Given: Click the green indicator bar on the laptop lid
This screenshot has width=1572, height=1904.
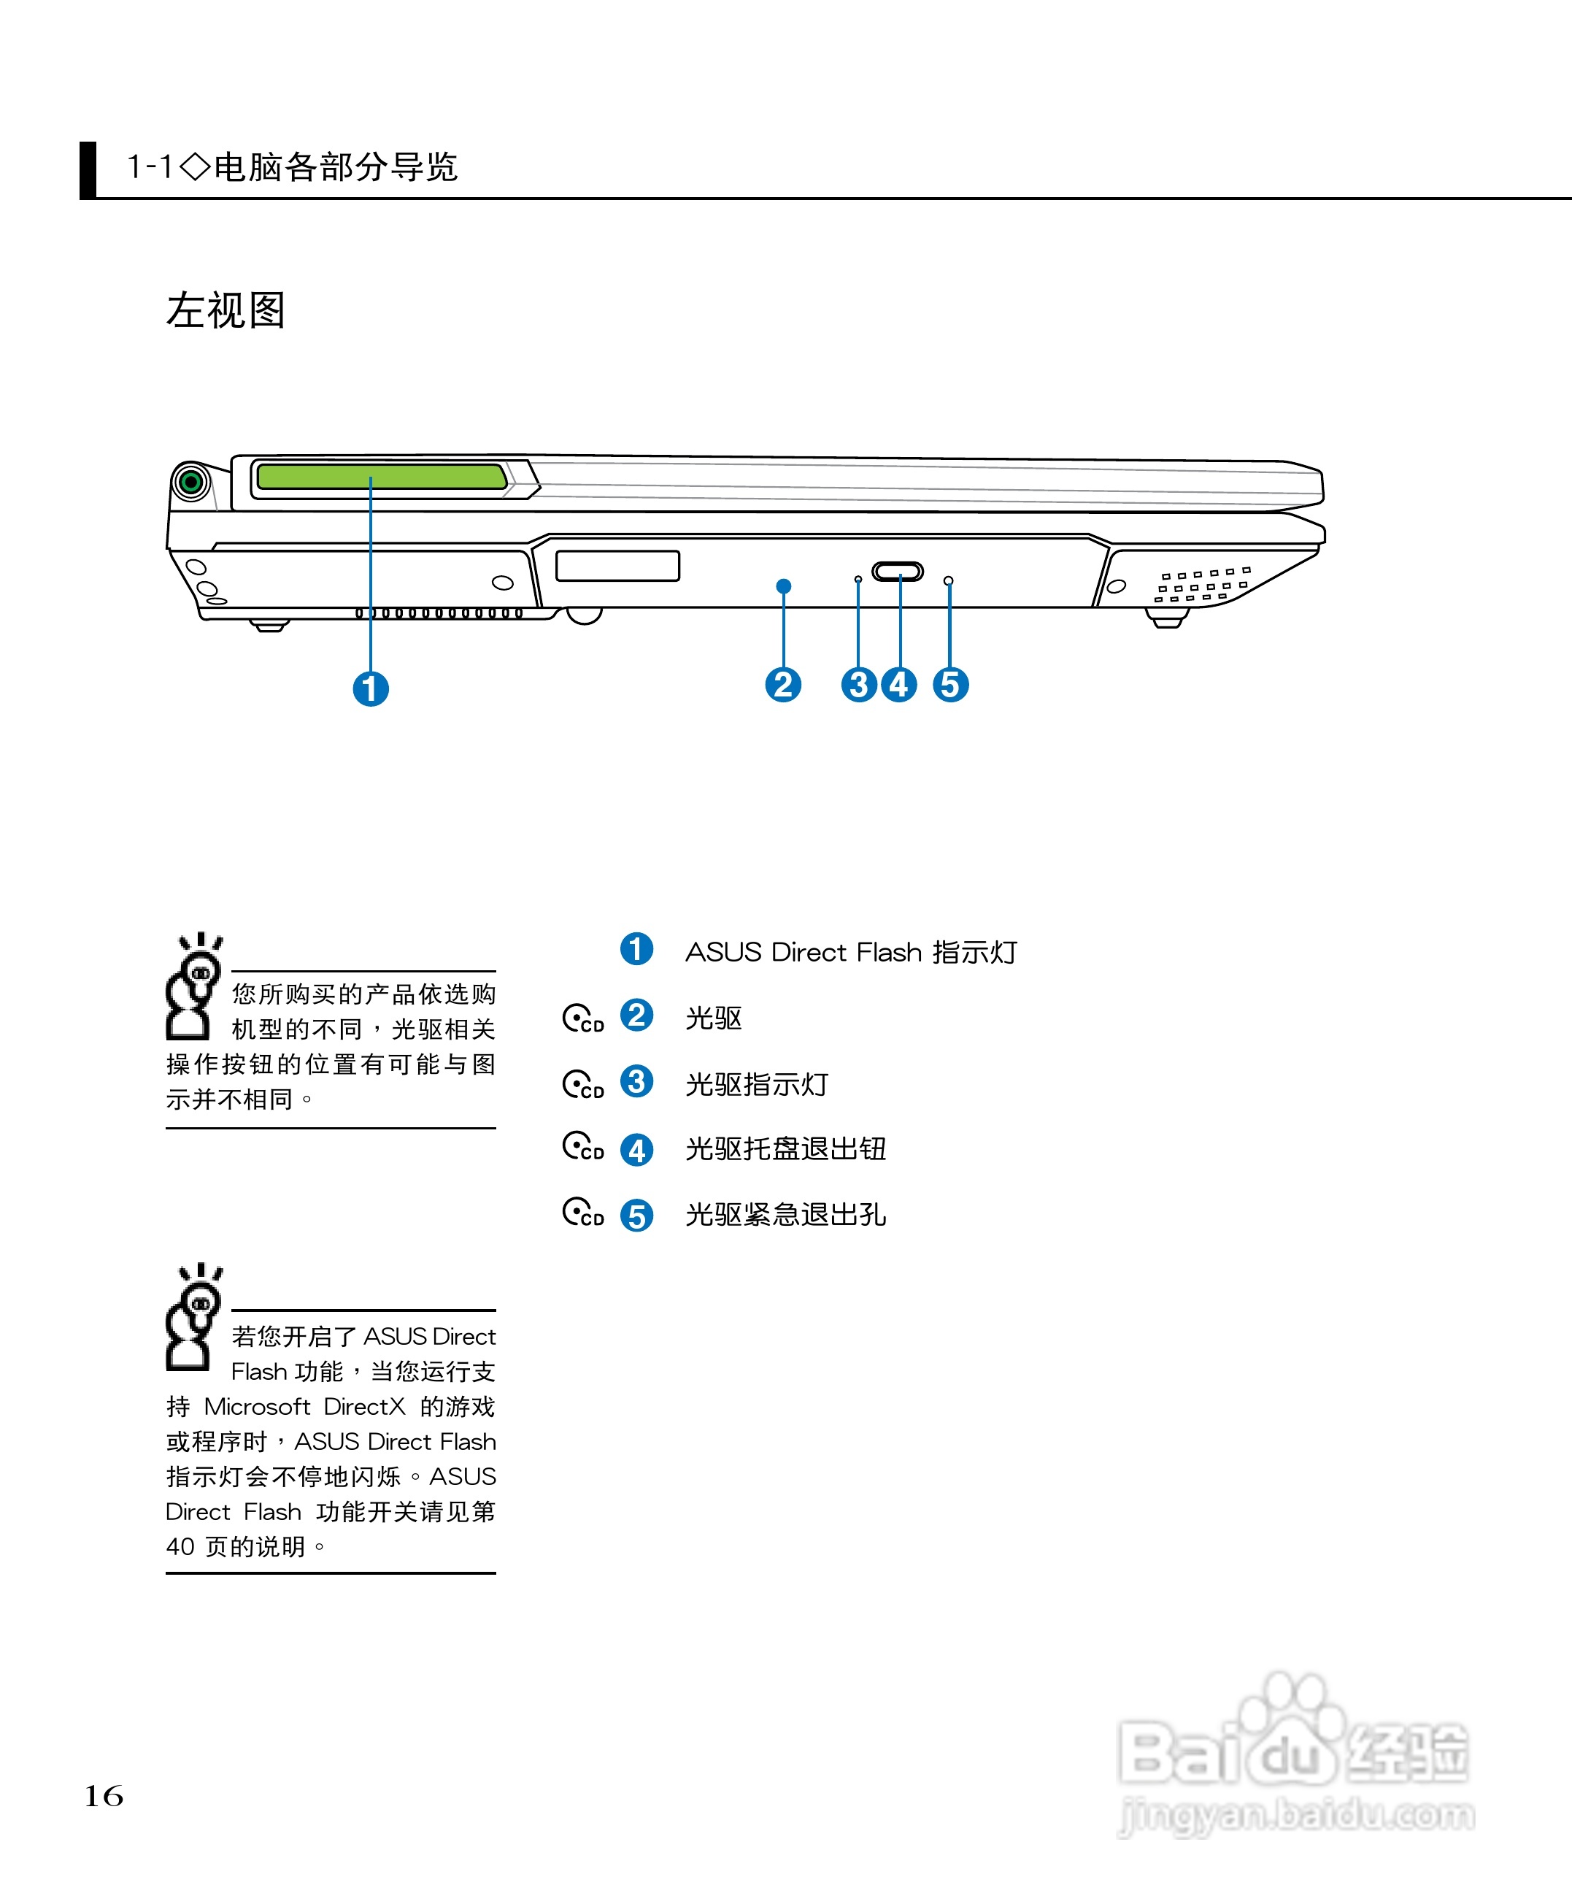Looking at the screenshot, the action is (380, 477).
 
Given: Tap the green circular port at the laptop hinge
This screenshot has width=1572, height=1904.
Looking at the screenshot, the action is (191, 482).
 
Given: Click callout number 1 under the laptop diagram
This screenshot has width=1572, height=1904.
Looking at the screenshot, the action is (370, 689).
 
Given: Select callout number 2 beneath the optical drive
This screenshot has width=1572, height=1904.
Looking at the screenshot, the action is (783, 685).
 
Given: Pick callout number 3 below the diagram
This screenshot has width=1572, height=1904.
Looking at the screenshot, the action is (858, 685).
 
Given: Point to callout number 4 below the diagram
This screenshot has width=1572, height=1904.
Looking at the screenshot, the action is (899, 685).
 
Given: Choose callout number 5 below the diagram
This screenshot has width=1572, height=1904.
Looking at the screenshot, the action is (951, 685).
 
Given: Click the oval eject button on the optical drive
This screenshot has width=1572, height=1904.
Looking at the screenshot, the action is (898, 572).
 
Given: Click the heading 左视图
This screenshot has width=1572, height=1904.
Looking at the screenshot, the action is (226, 311).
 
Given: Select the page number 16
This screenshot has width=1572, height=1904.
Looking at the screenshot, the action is (104, 1795).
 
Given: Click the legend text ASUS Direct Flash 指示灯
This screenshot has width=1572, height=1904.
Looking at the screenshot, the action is (851, 952).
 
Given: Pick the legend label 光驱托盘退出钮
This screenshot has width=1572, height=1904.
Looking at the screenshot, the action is (785, 1148).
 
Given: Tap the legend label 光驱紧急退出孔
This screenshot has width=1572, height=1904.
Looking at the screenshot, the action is (785, 1215).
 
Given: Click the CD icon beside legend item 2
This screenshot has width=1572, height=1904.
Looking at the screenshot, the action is (582, 1018).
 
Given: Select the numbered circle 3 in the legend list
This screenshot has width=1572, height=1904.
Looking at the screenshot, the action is (636, 1081).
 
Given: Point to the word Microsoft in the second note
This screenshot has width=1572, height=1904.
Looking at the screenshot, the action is (257, 1406).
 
